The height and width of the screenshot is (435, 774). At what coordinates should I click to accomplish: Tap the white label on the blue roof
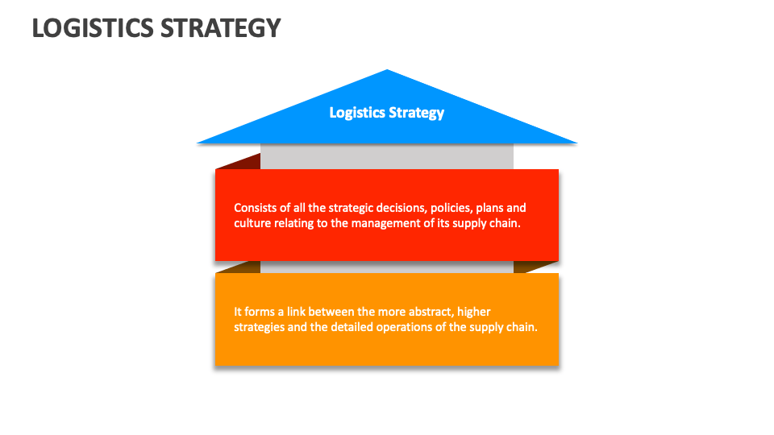(387, 113)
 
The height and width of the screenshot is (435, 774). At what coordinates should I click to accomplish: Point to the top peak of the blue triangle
(388, 72)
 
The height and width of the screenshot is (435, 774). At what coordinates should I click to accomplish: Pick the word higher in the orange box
(473, 312)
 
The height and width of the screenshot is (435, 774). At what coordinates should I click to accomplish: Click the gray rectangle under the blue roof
(387, 156)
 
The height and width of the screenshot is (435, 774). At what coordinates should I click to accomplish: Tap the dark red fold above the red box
(241, 161)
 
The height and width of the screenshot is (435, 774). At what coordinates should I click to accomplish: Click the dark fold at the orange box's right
(533, 267)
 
